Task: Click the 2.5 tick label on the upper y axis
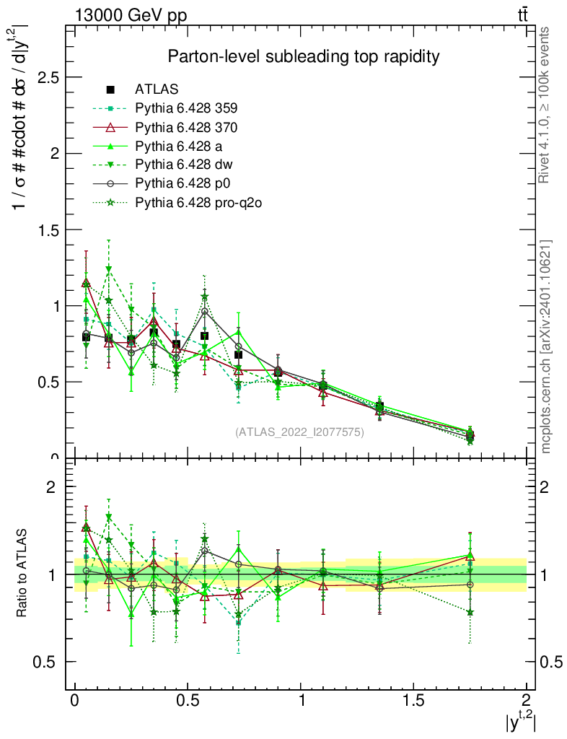[x=45, y=77]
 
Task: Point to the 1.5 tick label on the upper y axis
[x=45, y=229]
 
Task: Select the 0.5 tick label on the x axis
[x=187, y=701]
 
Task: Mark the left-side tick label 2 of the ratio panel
[x=51, y=487]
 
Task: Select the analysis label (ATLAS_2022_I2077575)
[x=299, y=432]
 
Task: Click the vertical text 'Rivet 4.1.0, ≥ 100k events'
[x=545, y=105]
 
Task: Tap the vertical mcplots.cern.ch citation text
[x=546, y=346]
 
